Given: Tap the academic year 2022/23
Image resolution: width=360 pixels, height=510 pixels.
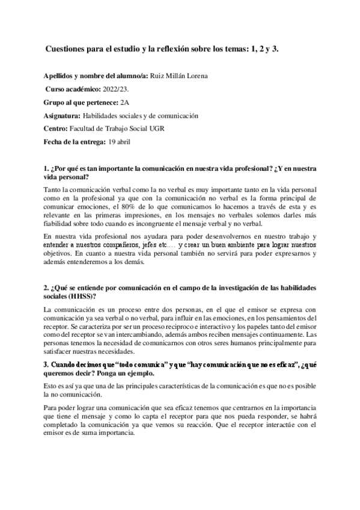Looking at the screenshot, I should pos(112,88).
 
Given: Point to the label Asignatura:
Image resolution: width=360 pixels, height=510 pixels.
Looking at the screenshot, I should pos(62,115).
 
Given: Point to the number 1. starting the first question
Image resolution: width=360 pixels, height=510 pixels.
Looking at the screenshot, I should pos(47,169).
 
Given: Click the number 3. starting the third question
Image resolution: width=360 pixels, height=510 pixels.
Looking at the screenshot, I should pos(47,364).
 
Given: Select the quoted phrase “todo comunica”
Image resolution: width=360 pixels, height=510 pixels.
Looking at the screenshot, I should pos(135,364).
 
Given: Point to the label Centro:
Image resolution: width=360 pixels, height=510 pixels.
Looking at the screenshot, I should pos(56,129).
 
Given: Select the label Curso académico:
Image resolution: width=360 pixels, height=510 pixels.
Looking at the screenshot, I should pos(67,88).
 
